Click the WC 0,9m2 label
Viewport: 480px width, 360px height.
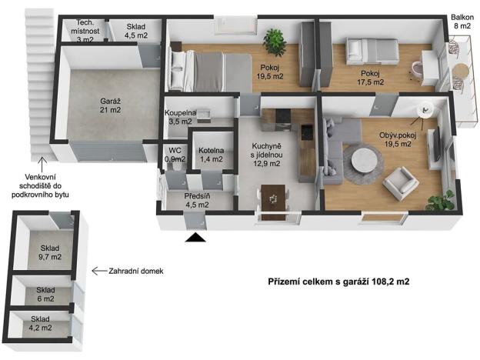point(175,155)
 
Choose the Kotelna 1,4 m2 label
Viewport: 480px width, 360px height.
point(210,155)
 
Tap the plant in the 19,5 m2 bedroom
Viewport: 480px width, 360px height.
point(273,38)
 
